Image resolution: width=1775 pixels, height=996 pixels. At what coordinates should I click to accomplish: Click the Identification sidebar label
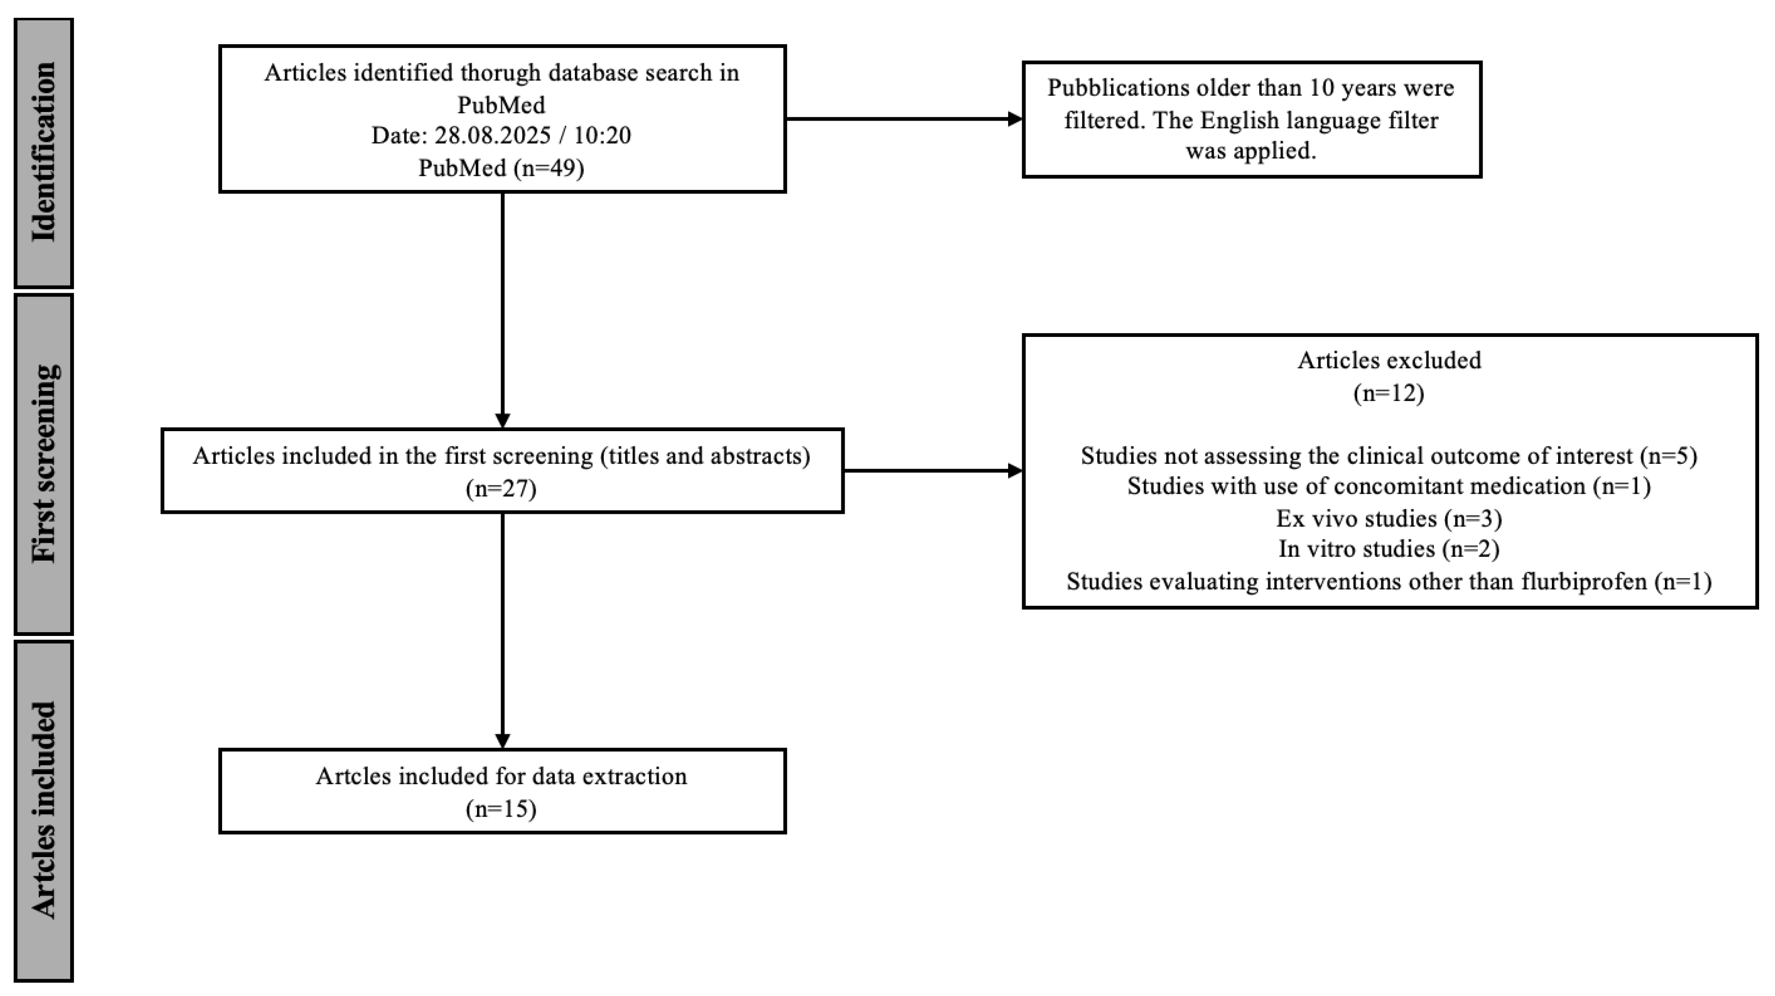(43, 152)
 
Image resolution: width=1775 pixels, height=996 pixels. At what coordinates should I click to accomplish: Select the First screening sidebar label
(43, 463)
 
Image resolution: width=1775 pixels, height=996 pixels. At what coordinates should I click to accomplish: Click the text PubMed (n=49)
(501, 167)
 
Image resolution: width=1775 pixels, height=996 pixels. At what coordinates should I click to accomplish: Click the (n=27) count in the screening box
(501, 488)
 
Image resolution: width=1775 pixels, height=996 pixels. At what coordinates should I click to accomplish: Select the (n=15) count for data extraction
(501, 808)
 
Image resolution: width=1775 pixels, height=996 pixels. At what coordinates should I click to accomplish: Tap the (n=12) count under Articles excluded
(1388, 393)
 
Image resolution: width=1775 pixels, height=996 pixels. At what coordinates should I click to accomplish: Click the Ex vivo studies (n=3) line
(1388, 518)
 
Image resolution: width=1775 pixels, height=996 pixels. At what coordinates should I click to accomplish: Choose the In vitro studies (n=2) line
(1388, 549)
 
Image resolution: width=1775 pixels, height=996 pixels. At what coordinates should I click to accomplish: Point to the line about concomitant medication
(1388, 486)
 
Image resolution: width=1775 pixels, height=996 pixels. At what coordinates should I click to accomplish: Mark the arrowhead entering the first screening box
(502, 420)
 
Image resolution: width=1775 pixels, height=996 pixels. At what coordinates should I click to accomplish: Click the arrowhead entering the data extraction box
(502, 740)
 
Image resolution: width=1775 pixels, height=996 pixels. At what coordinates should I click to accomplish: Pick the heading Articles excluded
(1388, 360)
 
